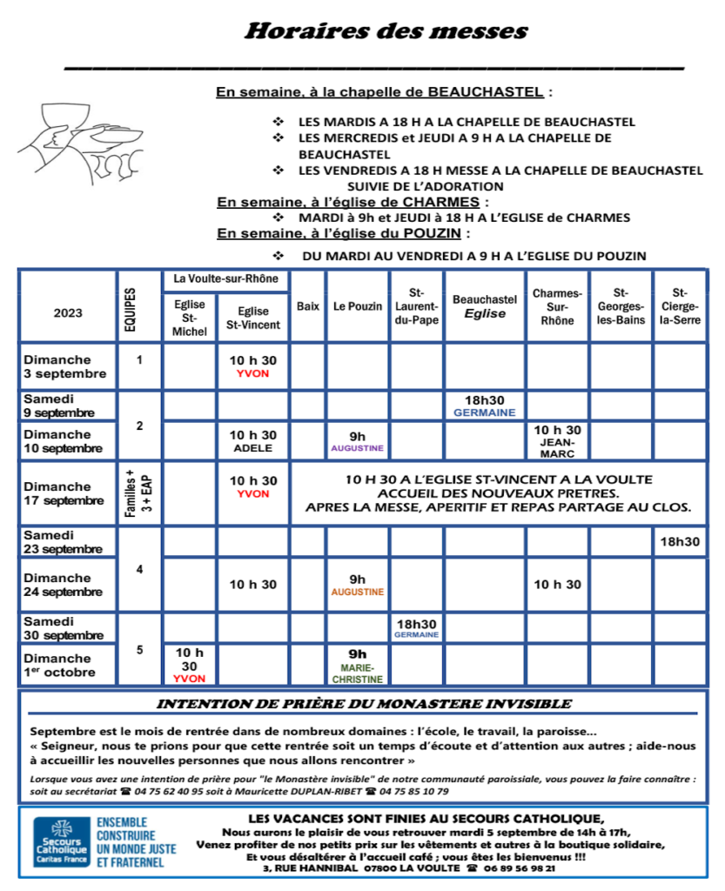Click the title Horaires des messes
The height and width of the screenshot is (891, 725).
pyautogui.click(x=386, y=32)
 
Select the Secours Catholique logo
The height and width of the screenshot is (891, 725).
pyautogui.click(x=64, y=841)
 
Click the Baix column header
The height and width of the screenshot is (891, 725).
pyautogui.click(x=308, y=307)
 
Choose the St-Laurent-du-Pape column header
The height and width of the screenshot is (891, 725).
pyautogui.click(x=416, y=306)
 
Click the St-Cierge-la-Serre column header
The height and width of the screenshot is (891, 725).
pyautogui.click(x=680, y=306)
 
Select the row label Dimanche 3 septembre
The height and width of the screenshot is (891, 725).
pyautogui.click(x=65, y=366)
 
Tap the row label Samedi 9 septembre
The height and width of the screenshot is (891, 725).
pyautogui.click(x=60, y=405)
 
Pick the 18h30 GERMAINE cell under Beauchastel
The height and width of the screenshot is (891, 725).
pyautogui.click(x=484, y=405)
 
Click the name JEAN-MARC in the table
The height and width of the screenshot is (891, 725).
pyautogui.click(x=556, y=446)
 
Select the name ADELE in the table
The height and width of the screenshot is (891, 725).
pyautogui.click(x=252, y=449)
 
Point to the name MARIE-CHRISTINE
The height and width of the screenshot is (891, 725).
pyautogui.click(x=357, y=673)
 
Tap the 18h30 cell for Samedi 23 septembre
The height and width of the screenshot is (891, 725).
pyautogui.click(x=680, y=541)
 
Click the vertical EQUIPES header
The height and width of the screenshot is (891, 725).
pyautogui.click(x=139, y=306)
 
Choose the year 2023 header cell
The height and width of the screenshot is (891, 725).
pyautogui.click(x=68, y=313)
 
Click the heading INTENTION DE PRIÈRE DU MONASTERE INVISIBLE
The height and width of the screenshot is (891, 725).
pyautogui.click(x=363, y=704)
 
